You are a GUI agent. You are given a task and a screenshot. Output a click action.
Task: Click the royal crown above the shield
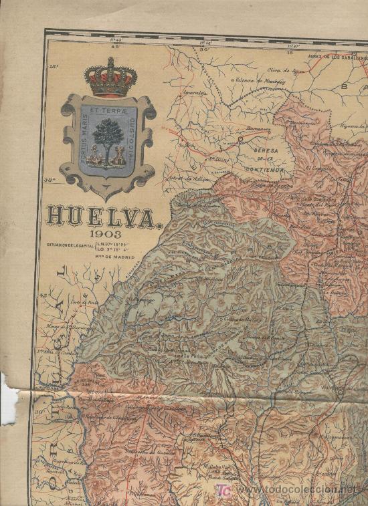click(110, 78)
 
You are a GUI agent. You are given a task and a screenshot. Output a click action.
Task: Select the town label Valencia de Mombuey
click(258, 82)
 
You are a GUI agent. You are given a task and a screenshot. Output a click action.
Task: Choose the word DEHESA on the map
click(266, 151)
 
